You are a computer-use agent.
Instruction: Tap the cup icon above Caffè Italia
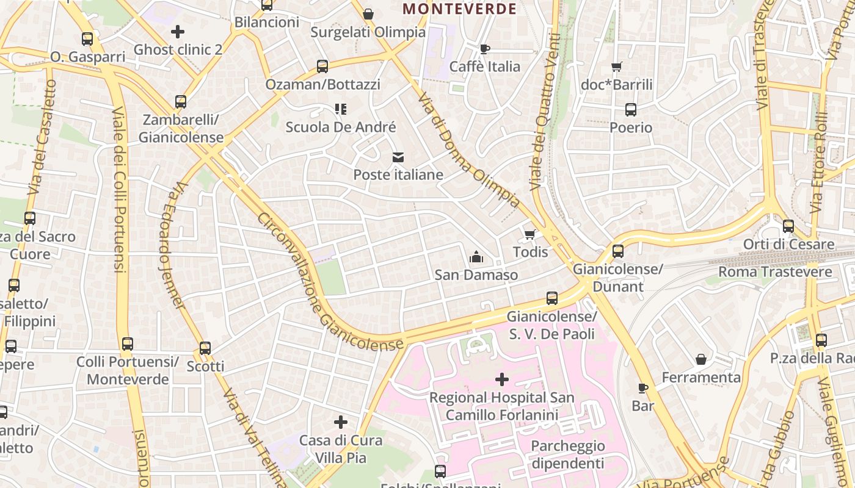click(485, 49)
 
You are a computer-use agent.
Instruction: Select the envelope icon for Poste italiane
click(398, 157)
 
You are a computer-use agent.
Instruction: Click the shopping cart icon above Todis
click(530, 234)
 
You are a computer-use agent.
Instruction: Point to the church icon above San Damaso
click(476, 257)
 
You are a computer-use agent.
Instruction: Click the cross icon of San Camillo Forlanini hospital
click(502, 379)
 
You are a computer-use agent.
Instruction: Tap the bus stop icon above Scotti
click(205, 348)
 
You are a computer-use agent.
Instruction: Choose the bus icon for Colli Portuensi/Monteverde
click(127, 343)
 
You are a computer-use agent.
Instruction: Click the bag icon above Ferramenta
click(701, 359)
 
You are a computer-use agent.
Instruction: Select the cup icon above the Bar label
click(642, 388)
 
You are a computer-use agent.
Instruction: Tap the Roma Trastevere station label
click(775, 272)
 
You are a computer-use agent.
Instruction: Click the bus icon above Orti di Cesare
click(788, 226)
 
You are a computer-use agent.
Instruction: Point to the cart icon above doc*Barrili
click(617, 66)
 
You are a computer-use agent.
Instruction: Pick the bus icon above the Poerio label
click(631, 110)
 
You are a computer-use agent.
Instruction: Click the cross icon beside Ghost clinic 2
click(178, 31)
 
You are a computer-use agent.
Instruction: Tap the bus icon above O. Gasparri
click(87, 39)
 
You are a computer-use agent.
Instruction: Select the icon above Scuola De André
click(341, 109)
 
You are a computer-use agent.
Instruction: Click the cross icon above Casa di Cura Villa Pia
click(341, 422)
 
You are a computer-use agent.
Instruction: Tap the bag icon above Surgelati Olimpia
click(368, 14)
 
